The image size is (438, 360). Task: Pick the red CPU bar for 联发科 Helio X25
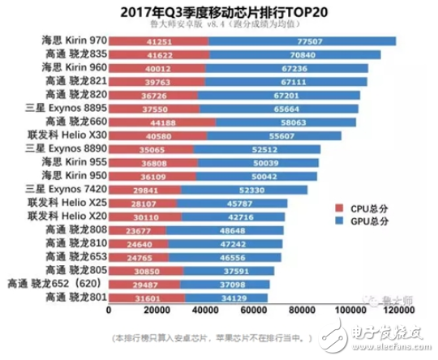pyautogui.click(x=143, y=202)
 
